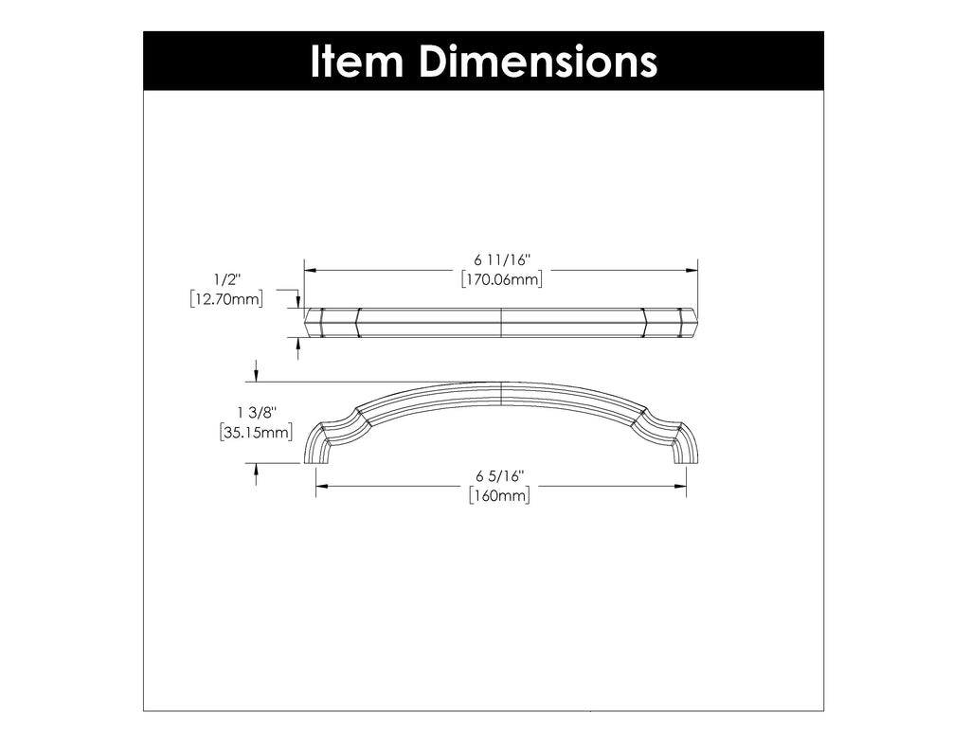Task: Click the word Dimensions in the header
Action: (537, 62)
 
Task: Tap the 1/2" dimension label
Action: (226, 279)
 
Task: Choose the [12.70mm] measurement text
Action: (226, 300)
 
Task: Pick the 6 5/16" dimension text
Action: (499, 476)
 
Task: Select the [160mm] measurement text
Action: (499, 496)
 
